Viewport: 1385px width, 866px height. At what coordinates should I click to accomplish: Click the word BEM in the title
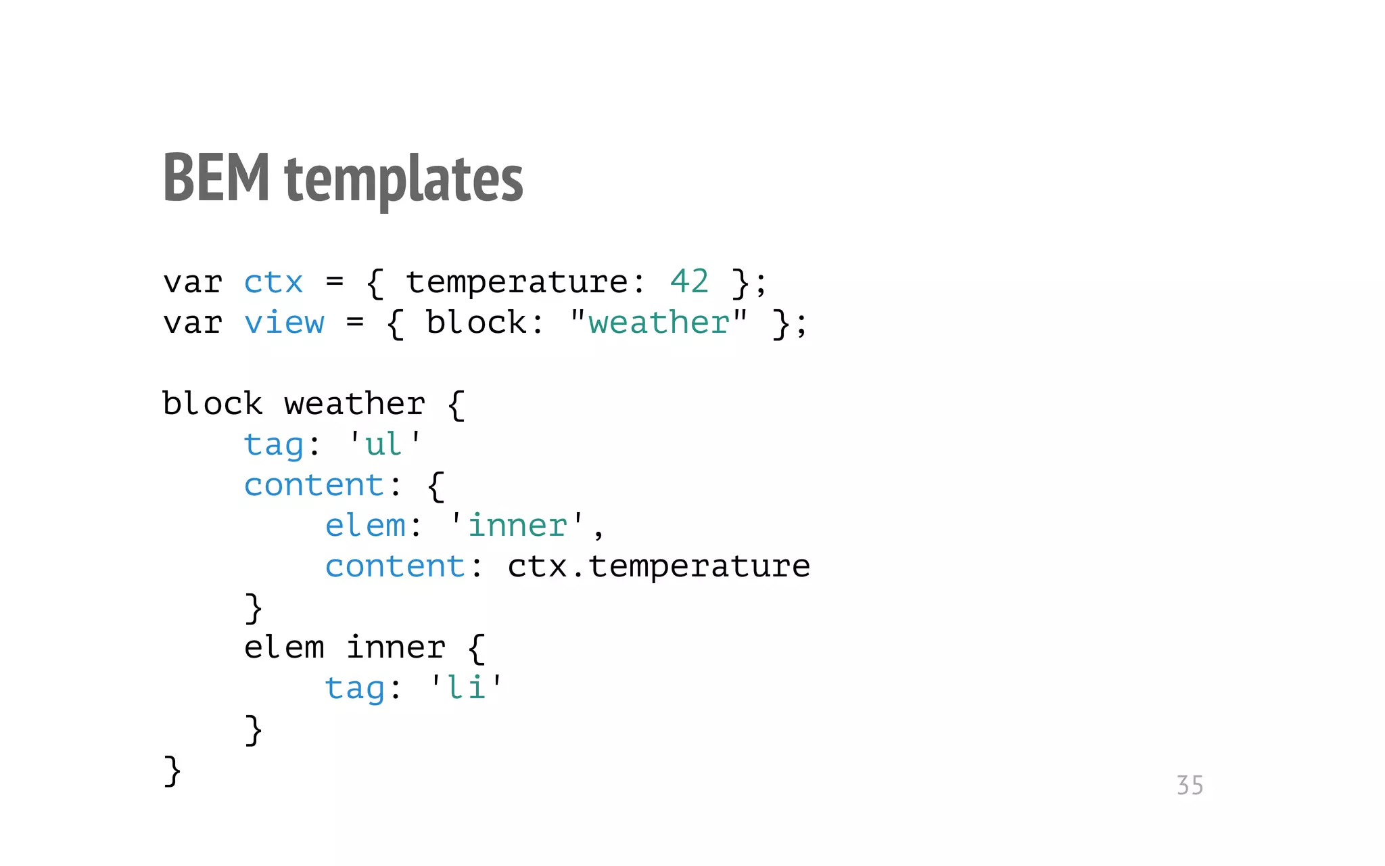216,177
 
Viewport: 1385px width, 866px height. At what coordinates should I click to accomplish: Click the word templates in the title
404,179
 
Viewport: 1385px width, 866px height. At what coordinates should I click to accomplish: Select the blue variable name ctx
273,282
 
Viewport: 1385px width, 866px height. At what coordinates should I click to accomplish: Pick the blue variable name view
284,323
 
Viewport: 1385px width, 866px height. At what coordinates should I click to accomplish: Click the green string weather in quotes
659,323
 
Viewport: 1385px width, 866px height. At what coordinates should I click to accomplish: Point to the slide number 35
1190,785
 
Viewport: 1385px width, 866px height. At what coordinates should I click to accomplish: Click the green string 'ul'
383,445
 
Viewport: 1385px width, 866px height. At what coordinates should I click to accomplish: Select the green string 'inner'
517,526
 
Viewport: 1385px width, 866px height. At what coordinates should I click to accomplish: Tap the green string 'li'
466,688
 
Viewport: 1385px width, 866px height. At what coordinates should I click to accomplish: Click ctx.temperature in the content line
659,566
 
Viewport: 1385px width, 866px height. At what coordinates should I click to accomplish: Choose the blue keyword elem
365,526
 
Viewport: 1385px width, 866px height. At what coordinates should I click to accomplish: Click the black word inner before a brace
396,647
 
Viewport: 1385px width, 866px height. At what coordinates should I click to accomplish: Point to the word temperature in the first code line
517,282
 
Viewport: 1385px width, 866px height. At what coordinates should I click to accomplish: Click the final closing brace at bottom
172,771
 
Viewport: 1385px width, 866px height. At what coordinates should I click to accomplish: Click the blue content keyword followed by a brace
314,485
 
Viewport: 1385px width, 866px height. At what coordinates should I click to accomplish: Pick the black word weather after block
354,404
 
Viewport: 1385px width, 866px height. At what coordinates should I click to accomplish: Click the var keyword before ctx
193,282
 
